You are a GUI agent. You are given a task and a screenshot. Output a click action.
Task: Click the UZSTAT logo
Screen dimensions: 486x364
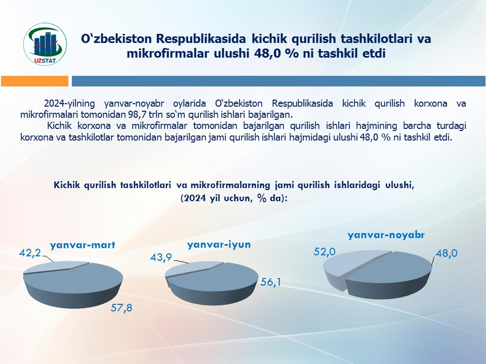[x=45, y=44]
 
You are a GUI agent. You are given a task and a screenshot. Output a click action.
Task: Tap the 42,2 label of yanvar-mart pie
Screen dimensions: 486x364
[x=30, y=253]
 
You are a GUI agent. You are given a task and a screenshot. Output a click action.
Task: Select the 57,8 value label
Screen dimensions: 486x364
[x=121, y=308]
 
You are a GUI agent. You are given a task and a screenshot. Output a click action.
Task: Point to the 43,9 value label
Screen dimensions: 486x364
[x=161, y=257]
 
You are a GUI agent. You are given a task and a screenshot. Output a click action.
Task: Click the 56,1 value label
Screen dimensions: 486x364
[x=270, y=282]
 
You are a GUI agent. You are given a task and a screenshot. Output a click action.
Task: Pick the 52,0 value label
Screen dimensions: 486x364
[x=325, y=252]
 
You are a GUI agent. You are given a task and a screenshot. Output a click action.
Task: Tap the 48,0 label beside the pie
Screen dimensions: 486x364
[x=447, y=253]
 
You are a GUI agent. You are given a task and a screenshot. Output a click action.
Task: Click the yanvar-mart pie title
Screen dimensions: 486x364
[x=83, y=245]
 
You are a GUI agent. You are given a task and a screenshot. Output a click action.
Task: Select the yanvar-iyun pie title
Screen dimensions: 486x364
[x=219, y=245]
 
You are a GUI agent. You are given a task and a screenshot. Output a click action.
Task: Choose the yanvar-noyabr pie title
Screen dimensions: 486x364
[x=386, y=235]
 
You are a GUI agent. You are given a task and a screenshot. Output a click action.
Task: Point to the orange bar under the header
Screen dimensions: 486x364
[x=35, y=81]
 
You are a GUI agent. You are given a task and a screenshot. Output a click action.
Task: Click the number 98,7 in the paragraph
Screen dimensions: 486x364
[x=136, y=115]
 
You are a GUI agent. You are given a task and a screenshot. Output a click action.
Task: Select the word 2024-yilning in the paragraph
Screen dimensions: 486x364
[x=69, y=103]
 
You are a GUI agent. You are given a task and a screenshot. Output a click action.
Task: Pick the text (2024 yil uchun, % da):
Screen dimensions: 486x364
[x=234, y=198]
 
